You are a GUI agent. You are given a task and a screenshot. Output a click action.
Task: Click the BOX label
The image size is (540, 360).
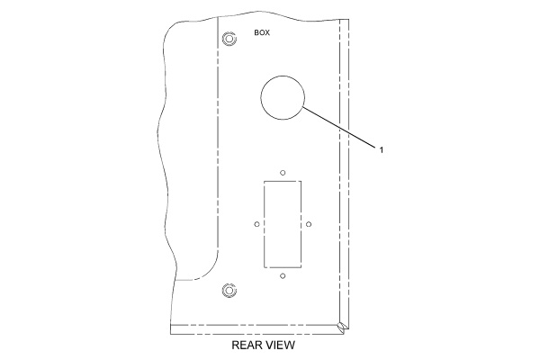(x=262, y=32)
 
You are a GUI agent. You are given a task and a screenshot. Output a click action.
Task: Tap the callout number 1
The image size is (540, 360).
(x=382, y=150)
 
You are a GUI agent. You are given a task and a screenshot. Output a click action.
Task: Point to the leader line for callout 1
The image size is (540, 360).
(x=338, y=127)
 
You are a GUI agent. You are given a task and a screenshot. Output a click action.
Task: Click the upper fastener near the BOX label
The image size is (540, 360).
(x=229, y=39)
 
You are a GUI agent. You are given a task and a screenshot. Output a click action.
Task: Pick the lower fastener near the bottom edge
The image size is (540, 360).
(x=229, y=291)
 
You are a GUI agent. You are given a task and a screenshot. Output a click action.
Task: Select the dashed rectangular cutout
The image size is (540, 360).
(x=264, y=224)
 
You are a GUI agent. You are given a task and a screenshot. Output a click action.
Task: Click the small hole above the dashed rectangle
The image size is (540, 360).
(x=283, y=173)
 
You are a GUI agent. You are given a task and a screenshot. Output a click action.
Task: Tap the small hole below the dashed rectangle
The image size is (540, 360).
(x=283, y=276)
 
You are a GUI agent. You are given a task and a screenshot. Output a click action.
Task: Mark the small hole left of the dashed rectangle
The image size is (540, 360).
(x=256, y=224)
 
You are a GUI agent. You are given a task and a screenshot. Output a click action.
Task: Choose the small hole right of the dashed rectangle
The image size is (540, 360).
(x=309, y=224)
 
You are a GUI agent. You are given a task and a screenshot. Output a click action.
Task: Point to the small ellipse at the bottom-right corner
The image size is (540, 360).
(x=341, y=328)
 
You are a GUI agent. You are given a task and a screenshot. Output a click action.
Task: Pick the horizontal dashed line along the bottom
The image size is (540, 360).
(x=254, y=325)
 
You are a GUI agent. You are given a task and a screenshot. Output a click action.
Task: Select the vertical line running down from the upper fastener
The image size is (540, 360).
(x=219, y=138)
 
